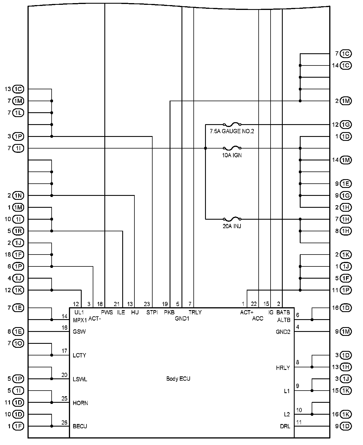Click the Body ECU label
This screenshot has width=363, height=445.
pos(178,379)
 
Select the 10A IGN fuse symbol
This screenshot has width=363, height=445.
pos(232,148)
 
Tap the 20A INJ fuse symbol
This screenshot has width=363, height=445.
pos(232,219)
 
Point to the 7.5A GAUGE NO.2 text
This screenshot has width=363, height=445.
pos(232,131)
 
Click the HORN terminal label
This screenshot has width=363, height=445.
pos(80,403)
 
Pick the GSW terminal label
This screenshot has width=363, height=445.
pos(79,332)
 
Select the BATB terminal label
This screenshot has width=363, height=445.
pos(283,312)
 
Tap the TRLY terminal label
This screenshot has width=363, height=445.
pos(195,312)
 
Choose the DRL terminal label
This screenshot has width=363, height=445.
pos(285,426)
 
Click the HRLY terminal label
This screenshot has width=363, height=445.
pos(283,368)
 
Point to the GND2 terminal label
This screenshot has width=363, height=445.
pos(283,332)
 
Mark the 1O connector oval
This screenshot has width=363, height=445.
pos(19,344)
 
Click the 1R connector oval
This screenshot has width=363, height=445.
pos(19,231)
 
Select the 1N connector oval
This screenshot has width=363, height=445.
pos(19,196)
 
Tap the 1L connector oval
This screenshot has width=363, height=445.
pos(19,113)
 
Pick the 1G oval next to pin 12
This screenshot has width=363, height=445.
pos(346,124)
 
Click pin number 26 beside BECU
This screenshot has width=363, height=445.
pos(64,422)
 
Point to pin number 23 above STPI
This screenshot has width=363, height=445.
pos(147,304)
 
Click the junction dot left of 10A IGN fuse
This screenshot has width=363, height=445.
pos(206,148)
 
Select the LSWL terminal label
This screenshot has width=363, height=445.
pos(80,379)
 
